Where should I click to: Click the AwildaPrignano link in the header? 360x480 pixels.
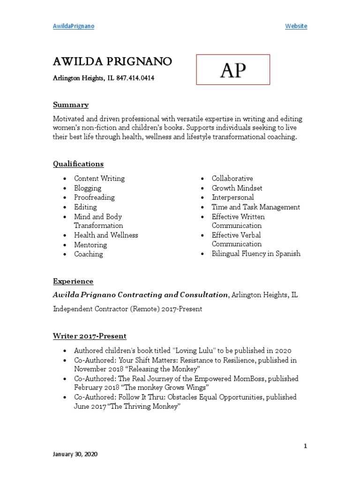73,26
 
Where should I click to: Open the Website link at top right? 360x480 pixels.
296,26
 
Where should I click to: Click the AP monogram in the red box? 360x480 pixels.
233,70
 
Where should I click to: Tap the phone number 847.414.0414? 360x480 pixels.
135,78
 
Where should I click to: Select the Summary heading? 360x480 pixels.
70,105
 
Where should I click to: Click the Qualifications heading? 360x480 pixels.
78,164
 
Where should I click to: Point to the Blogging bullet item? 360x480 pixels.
88,188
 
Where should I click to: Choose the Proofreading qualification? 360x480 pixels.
94,197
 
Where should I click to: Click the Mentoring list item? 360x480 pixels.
90,245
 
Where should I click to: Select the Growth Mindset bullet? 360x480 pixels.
237,188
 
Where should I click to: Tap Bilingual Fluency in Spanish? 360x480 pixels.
256,254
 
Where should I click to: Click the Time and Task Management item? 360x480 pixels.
255,207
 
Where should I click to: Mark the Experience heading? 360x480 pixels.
73,281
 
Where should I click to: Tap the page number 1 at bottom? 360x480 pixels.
305,446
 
